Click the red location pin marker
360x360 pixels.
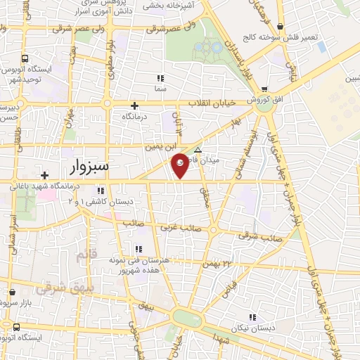[x=180, y=165]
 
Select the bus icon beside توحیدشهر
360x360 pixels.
[x=25, y=59]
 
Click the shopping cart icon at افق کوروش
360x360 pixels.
[x=264, y=89]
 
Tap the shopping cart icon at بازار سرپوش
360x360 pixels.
[x=11, y=289]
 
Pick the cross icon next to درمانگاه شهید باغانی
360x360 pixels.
[x=44, y=175]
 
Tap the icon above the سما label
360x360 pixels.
[x=160, y=78]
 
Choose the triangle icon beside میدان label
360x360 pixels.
[x=198, y=150]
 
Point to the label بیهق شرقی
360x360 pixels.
[x=59, y=288]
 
